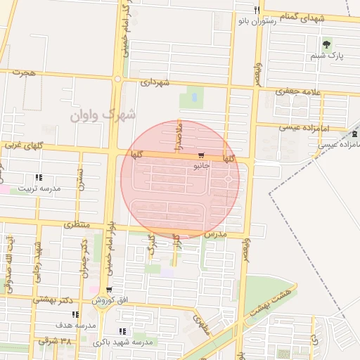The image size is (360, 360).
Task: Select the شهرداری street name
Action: [x=155, y=83]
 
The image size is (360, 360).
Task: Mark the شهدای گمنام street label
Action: [x=302, y=15]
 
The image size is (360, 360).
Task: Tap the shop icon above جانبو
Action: [x=202, y=155]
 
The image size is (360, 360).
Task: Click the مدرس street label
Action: [x=215, y=233]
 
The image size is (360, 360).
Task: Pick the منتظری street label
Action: [x=77, y=224]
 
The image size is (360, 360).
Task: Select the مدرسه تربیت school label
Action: [x=39, y=188]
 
